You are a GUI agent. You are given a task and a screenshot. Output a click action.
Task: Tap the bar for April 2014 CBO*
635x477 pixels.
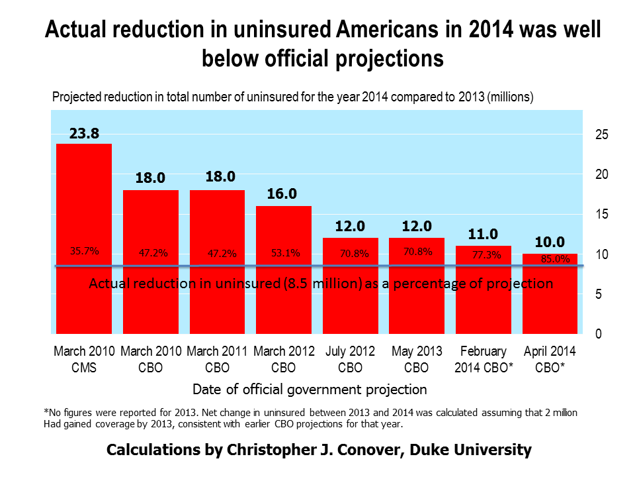pyautogui.click(x=550, y=305)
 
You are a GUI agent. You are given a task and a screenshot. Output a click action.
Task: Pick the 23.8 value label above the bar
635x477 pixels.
pyautogui.click(x=84, y=134)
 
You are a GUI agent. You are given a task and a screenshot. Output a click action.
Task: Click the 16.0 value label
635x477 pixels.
pyautogui.click(x=283, y=194)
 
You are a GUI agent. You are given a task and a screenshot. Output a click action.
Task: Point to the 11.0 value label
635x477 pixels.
pyautogui.click(x=483, y=234)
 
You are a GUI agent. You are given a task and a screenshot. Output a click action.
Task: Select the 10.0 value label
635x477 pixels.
pyautogui.click(x=550, y=242)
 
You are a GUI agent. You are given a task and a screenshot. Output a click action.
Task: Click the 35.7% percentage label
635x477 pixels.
pyautogui.click(x=85, y=251)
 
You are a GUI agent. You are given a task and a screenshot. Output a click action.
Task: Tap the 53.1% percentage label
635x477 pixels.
pyautogui.click(x=286, y=252)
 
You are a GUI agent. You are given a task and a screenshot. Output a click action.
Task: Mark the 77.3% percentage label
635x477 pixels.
pyautogui.click(x=485, y=254)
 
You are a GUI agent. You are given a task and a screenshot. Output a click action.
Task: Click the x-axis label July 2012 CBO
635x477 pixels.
pyautogui.click(x=350, y=358)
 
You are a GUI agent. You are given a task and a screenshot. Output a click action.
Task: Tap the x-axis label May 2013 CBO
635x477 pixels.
pyautogui.click(x=417, y=358)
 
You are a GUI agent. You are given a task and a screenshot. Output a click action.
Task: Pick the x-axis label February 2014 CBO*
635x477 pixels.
pyautogui.click(x=484, y=358)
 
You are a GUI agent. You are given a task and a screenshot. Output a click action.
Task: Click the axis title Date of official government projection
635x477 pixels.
pyautogui.click(x=310, y=389)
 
